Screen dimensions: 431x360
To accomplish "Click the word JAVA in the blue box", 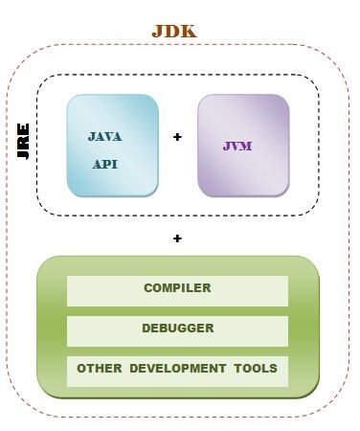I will coord(105,137).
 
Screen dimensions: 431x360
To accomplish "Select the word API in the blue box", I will coord(105,164).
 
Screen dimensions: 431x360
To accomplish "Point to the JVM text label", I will coord(237,147).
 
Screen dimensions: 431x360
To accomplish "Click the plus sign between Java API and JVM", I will coord(177,138).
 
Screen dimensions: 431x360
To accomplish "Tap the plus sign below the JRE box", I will coord(177,238).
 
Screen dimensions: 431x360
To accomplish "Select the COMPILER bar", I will coord(177,288).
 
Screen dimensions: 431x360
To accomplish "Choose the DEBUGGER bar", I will coord(177,329).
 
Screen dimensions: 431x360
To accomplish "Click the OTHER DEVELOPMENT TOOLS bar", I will coord(177,369).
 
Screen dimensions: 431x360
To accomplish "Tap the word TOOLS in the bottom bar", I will coord(257,369).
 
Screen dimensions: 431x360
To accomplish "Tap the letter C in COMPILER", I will coord(148,288).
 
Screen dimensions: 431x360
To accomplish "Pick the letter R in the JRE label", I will coord(24,144).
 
